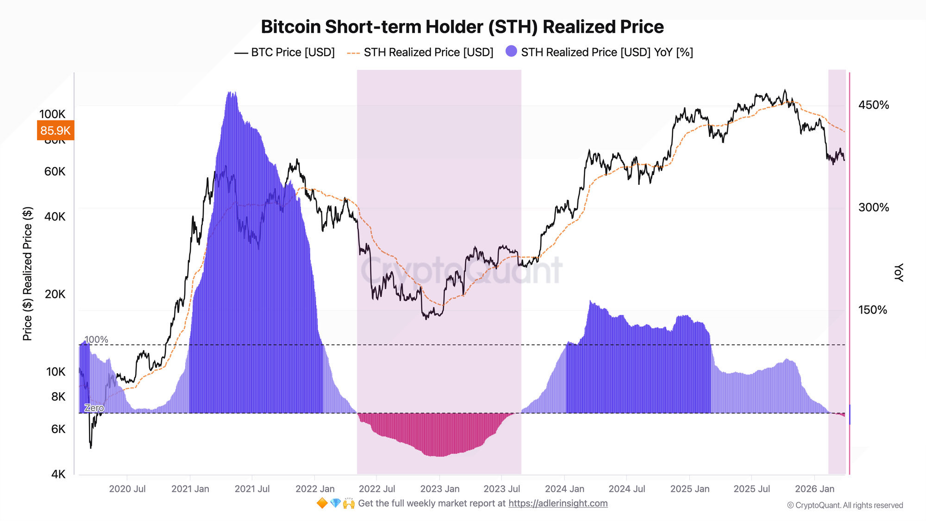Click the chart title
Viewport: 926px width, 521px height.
click(x=462, y=27)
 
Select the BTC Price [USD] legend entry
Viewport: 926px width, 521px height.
click(x=284, y=52)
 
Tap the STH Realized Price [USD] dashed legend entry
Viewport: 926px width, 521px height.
click(x=420, y=52)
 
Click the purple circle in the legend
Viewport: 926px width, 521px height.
click(x=511, y=52)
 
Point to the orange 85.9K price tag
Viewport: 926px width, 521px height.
click(x=55, y=131)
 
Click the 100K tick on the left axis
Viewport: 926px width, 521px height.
click(x=52, y=114)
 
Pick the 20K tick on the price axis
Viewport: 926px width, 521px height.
click(x=55, y=294)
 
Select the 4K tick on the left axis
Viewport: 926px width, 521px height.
click(x=58, y=474)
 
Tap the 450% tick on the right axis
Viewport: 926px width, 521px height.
click(x=874, y=105)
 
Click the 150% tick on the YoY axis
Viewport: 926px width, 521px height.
click(x=873, y=310)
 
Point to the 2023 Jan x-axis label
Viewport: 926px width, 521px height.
click(x=439, y=489)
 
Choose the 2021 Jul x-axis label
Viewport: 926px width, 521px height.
click(x=252, y=489)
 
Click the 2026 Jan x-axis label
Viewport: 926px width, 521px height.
click(x=814, y=489)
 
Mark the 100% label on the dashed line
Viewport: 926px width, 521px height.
click(x=96, y=339)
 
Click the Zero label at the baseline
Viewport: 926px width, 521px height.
click(x=94, y=408)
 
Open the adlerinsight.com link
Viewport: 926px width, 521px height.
click(x=558, y=503)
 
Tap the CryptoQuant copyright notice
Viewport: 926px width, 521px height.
click(x=845, y=505)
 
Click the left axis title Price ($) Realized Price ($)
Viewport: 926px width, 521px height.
click(x=28, y=273)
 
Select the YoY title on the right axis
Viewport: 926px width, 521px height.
click(x=898, y=272)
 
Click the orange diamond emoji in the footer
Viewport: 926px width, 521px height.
click(x=322, y=503)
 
